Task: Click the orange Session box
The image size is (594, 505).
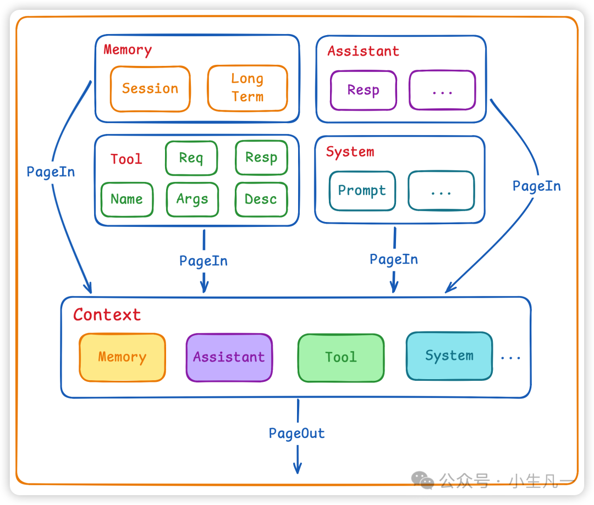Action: (150, 88)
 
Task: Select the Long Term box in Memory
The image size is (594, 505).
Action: (247, 88)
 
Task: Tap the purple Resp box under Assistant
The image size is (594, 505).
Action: (363, 90)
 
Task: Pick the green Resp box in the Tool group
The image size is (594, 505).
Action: (261, 158)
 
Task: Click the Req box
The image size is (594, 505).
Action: (191, 158)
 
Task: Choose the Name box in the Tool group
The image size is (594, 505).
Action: (127, 199)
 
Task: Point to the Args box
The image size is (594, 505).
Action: (192, 199)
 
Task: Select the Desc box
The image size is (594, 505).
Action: (261, 199)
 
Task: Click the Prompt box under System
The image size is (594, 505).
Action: (362, 191)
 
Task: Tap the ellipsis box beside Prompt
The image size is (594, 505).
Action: (441, 191)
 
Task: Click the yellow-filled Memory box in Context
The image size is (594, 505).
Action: (122, 357)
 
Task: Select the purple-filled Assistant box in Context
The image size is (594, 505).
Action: (229, 357)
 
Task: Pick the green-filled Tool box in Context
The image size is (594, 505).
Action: (340, 357)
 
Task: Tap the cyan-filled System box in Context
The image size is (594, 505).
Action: (449, 356)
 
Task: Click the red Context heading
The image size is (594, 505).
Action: (107, 315)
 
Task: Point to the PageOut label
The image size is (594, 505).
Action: (297, 434)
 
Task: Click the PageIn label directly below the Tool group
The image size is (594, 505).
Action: (204, 261)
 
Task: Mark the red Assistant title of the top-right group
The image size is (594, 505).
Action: (363, 51)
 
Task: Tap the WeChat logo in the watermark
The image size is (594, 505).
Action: (423, 481)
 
